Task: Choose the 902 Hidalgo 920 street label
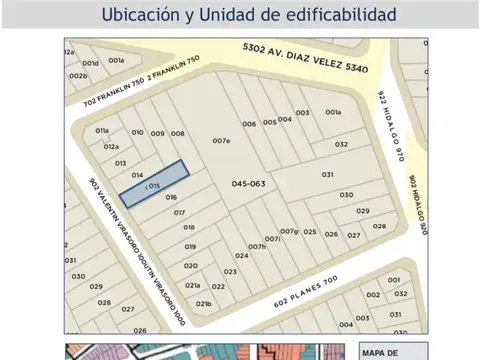[418, 205]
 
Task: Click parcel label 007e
[221, 141]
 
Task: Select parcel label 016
[172, 198]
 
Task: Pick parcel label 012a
[111, 147]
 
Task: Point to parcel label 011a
[102, 131]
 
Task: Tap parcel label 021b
[204, 303]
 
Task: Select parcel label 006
[248, 124]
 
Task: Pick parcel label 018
[188, 228]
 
